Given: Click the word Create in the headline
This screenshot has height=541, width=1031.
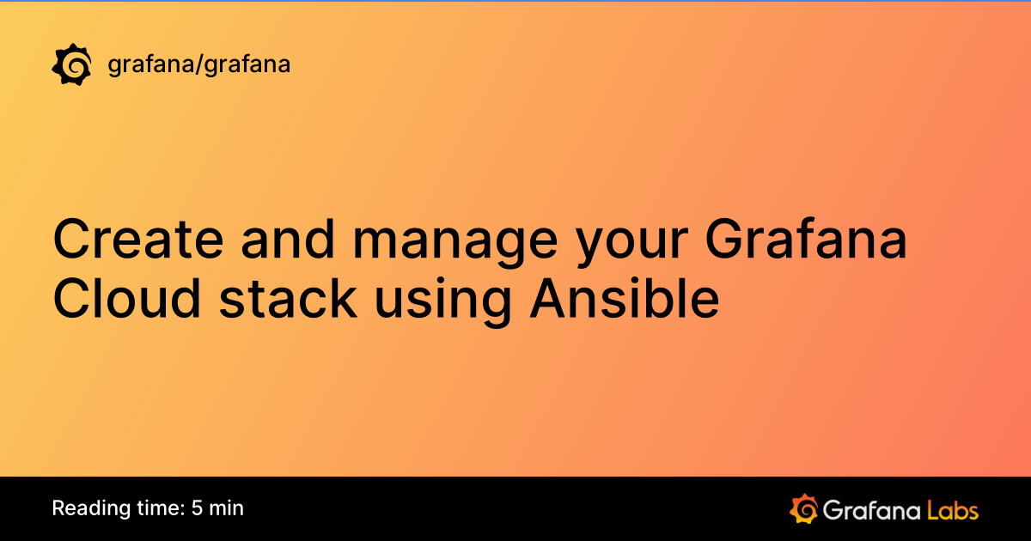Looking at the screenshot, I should (137, 241).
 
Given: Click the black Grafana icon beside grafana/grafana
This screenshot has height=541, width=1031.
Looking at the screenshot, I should (72, 65).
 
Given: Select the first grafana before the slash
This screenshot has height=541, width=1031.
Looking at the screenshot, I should (150, 65).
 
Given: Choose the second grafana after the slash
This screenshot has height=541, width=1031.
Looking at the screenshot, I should (245, 65).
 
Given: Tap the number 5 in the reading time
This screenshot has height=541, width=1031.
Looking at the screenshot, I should (198, 508).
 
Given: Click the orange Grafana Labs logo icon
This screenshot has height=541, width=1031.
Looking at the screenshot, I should (802, 508).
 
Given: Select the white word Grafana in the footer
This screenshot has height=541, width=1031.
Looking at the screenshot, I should (870, 509).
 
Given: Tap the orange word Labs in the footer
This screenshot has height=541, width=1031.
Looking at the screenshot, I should (953, 509).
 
